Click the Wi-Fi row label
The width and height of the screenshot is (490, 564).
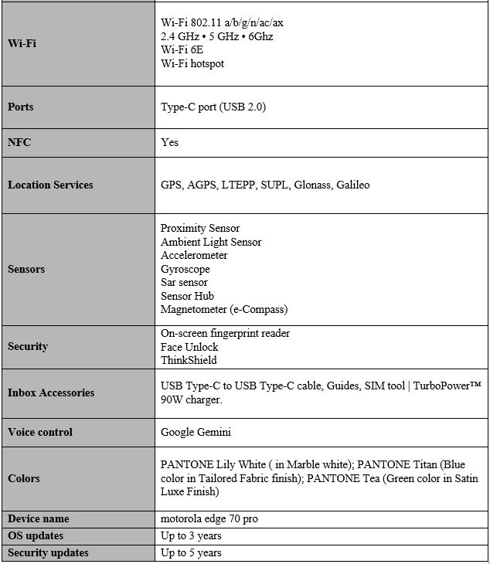[22, 43]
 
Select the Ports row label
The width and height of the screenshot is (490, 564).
[21, 107]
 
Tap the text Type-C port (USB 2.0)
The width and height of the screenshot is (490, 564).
[213, 107]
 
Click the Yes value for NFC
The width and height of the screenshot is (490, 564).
[169, 142]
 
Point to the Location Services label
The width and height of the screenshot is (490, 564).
[50, 185]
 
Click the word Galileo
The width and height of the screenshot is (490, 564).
[352, 185]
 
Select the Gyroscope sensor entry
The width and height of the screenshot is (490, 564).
[185, 269]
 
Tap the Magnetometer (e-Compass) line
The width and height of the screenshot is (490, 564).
[223, 309]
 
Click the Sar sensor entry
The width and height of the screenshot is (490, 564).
[184, 282]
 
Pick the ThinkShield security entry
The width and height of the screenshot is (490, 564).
[189, 360]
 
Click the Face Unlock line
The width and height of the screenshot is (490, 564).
[189, 347]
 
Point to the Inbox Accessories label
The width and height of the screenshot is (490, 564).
[51, 392]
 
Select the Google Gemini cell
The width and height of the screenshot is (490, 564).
[196, 432]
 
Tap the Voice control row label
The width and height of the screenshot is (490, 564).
[40, 432]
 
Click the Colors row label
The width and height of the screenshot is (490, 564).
[23, 478]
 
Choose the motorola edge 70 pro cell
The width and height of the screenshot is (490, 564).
[209, 519]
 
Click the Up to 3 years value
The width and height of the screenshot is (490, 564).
[191, 535]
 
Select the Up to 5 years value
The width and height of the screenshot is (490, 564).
[191, 552]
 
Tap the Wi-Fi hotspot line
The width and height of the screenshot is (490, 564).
[192, 63]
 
